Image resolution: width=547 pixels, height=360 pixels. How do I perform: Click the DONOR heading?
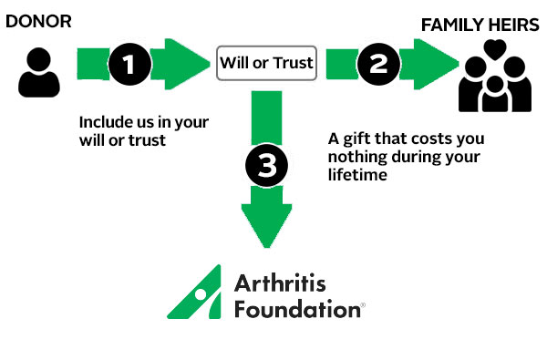[38, 20]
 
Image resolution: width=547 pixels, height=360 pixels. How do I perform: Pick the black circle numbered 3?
[266, 168]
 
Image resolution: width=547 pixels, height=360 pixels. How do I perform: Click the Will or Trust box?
[265, 63]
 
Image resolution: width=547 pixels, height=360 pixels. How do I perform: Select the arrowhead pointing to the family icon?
[435, 63]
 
